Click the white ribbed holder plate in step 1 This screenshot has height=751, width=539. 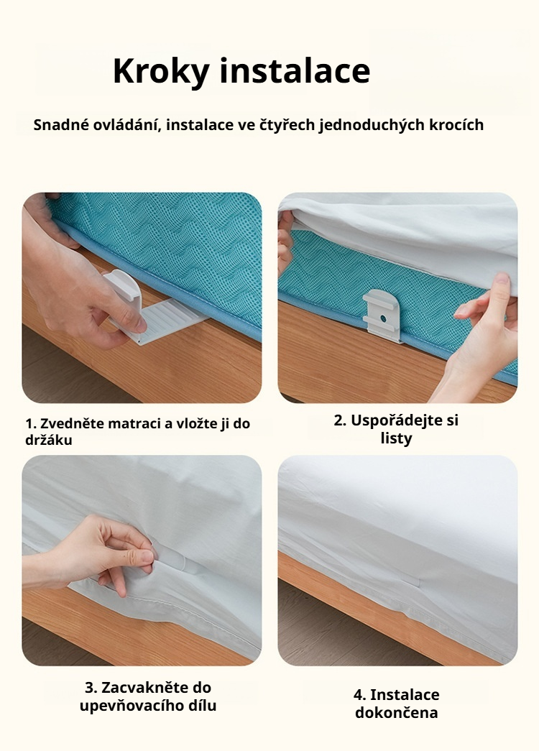[x=172, y=317]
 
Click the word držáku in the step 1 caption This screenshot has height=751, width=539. [x=49, y=440]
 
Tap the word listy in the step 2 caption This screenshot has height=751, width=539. [x=396, y=438]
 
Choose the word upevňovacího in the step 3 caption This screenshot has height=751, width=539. [x=129, y=706]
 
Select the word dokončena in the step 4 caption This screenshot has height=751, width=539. [x=396, y=713]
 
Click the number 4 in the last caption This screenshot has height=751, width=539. [x=358, y=695]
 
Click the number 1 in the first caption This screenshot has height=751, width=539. [x=29, y=423]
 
